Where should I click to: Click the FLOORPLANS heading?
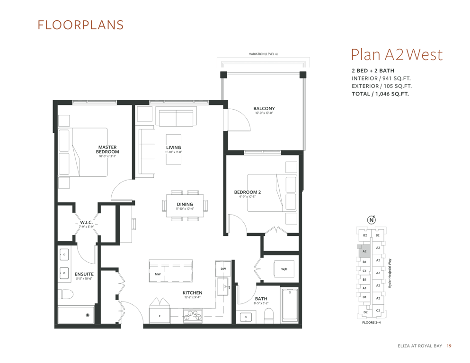(x=80, y=25)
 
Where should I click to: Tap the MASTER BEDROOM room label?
(x=107, y=149)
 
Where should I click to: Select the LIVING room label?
(x=174, y=147)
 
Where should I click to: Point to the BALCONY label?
(x=264, y=108)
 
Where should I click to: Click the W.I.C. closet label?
(x=86, y=222)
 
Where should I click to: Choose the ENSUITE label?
(x=84, y=274)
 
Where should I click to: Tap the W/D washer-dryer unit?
(x=284, y=269)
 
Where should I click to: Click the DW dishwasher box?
(x=223, y=269)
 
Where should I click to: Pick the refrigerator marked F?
(x=160, y=316)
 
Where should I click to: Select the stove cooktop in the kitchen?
(x=193, y=316)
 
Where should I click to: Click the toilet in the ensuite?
(x=65, y=294)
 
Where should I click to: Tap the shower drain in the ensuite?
(x=88, y=315)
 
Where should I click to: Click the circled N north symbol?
(x=372, y=220)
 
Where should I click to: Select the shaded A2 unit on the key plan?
(x=364, y=251)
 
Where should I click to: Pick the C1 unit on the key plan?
(x=364, y=271)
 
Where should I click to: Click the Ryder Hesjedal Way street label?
(x=390, y=273)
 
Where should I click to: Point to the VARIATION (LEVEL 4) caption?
(x=263, y=54)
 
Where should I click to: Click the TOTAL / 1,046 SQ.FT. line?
(x=380, y=94)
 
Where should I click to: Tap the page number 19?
(x=449, y=346)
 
